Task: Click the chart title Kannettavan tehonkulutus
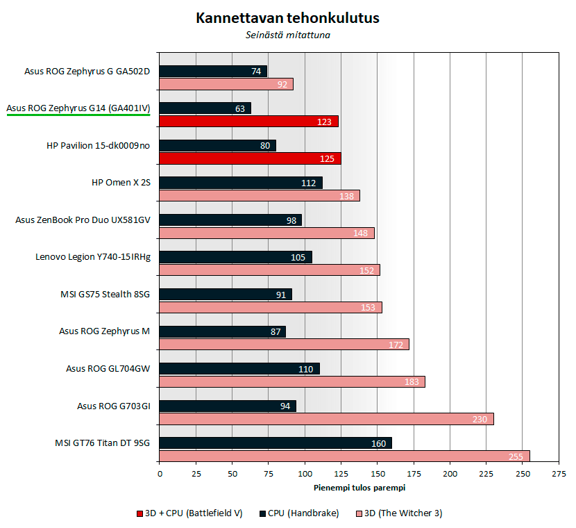pyautogui.click(x=287, y=18)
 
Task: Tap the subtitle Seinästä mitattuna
pyautogui.click(x=287, y=35)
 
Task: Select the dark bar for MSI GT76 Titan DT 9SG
pyautogui.click(x=276, y=443)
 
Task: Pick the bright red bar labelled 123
pyautogui.click(x=248, y=122)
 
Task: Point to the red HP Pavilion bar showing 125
pyautogui.click(x=250, y=158)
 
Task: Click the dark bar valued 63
pyautogui.click(x=205, y=108)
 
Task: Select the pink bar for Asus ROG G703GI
pyautogui.click(x=326, y=419)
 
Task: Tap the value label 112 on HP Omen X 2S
pyautogui.click(x=309, y=183)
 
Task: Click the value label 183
pyautogui.click(x=413, y=382)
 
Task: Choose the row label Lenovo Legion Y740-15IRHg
pyautogui.click(x=93, y=257)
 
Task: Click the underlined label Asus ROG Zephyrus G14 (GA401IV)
pyautogui.click(x=78, y=108)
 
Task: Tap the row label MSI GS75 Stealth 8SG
pyautogui.click(x=105, y=294)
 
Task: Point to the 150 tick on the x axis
pyautogui.click(x=378, y=474)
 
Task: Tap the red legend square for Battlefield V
pyautogui.click(x=139, y=514)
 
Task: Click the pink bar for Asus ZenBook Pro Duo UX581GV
pyautogui.click(x=266, y=233)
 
